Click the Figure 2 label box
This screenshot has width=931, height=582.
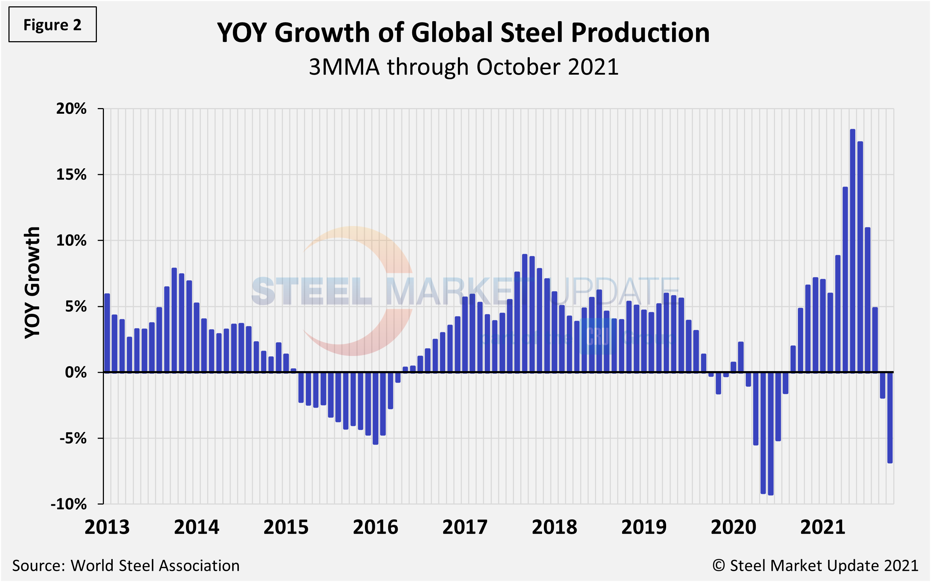click(52, 25)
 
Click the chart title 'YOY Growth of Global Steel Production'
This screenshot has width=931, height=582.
click(463, 32)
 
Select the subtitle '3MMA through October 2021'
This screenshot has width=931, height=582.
click(463, 67)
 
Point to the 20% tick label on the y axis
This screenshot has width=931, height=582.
click(72, 108)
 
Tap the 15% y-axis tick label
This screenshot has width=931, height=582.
click(72, 175)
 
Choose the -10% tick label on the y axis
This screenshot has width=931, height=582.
click(69, 504)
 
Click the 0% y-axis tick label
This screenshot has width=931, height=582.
click(76, 372)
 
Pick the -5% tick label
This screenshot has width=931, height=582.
click(73, 438)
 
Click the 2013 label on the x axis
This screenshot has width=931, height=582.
click(107, 527)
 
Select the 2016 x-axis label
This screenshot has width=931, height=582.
click(375, 527)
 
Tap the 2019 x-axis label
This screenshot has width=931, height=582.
click(644, 527)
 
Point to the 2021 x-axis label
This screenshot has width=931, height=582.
click(823, 527)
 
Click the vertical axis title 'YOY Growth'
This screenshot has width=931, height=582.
click(32, 283)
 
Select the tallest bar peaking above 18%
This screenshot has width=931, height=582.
click(852, 250)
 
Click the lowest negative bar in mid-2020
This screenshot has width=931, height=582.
click(770, 433)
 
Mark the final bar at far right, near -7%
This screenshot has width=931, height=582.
click(890, 417)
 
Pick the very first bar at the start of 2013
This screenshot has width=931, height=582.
click(107, 333)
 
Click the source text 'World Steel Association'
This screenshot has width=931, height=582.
click(155, 566)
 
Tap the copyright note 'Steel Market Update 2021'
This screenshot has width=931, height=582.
click(824, 566)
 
